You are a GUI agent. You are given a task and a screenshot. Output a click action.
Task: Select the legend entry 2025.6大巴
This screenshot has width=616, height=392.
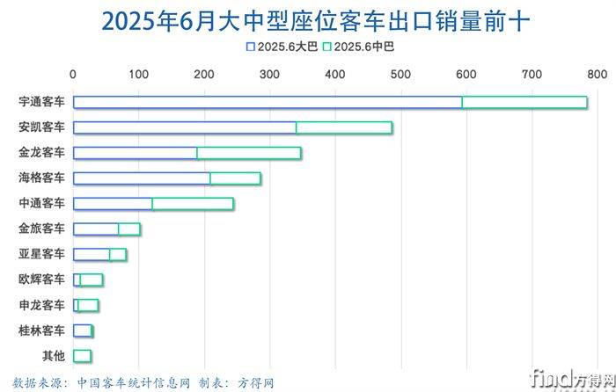(282, 47)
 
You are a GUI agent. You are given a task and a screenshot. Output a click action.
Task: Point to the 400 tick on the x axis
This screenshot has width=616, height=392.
(334, 75)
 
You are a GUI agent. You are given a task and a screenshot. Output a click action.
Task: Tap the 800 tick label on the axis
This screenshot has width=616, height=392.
(596, 75)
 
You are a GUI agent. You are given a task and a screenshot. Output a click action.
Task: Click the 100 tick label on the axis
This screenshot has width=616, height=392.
(137, 75)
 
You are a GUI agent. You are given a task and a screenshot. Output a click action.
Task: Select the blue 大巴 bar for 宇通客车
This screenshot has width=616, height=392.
(267, 103)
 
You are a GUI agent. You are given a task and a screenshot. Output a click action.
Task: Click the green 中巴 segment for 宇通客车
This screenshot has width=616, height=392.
(524, 103)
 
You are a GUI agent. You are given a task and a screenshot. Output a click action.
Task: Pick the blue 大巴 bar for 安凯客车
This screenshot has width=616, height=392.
(184, 128)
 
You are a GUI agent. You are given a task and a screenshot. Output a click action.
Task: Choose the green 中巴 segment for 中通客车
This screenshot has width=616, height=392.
(193, 204)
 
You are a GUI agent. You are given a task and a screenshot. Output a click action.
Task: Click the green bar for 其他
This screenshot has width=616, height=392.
(82, 356)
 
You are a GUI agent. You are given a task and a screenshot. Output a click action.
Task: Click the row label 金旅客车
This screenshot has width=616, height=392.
(41, 229)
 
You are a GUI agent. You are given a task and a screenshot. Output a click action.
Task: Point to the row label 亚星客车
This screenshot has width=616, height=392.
(41, 255)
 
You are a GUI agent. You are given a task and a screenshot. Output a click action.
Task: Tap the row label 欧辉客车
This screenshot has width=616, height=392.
(41, 280)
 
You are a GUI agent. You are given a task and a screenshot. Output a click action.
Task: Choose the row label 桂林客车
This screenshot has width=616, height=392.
(41, 331)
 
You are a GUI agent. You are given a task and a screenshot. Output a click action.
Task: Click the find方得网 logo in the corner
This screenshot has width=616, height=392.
(572, 378)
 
